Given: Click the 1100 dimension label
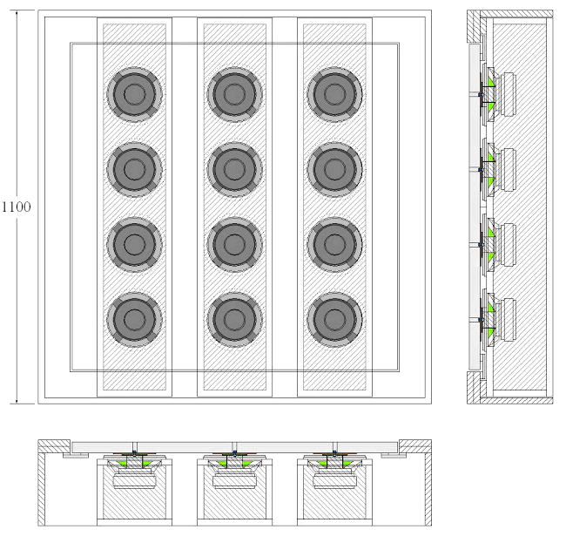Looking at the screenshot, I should pos(16,207).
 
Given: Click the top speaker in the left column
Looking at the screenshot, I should pos(133,93).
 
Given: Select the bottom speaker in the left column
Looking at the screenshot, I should pos(133,320).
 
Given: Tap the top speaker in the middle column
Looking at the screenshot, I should pos(233,93).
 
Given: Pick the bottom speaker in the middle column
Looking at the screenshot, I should pos(233,320).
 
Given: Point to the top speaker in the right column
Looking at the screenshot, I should pos(334,93).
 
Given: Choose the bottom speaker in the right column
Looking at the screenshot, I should pos(334,320).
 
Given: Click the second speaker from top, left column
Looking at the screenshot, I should pos(133,168).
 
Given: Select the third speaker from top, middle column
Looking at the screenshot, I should pos(233,243).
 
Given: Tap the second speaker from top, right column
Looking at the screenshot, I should pos(334,168).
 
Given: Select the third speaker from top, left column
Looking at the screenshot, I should pos(133,243).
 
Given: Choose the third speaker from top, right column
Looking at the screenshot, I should pos(334,243).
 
